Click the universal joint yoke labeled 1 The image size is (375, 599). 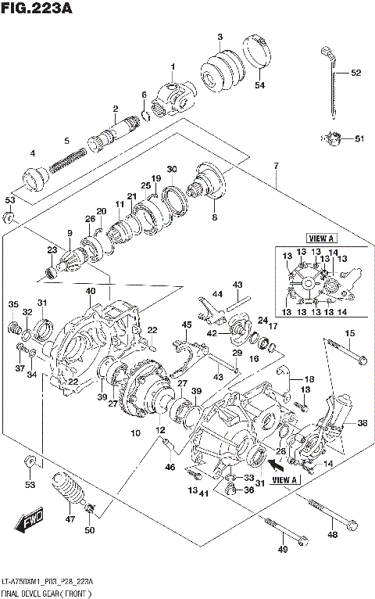(x=172, y=99)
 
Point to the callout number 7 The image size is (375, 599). (x=276, y=166)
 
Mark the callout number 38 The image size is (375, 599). (x=361, y=423)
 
